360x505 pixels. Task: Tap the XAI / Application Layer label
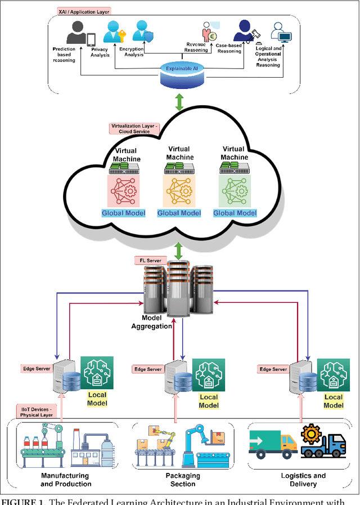click(x=84, y=11)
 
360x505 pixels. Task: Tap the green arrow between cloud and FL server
click(x=179, y=251)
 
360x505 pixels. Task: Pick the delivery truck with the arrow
click(x=272, y=445)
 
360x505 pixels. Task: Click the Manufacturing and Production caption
click(x=66, y=480)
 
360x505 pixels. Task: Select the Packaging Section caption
click(x=183, y=480)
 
